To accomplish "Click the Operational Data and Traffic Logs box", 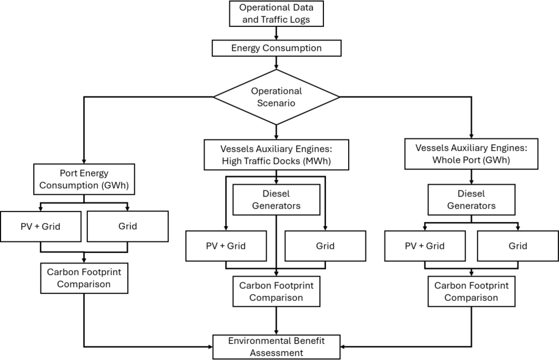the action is (x=276, y=14).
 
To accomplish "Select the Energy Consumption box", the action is (x=276, y=48).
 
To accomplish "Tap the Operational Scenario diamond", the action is (x=276, y=97).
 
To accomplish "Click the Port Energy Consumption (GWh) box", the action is (x=84, y=179).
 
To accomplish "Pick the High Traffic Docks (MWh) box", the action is (x=276, y=155).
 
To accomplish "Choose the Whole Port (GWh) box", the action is (x=471, y=154).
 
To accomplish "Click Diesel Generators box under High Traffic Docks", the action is (x=276, y=200).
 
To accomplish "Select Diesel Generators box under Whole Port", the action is (x=471, y=200).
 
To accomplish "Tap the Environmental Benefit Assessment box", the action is (x=276, y=347).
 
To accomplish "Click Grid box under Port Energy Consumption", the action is (x=128, y=226).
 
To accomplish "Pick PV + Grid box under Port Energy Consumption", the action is (x=41, y=226).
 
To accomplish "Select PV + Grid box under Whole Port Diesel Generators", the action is (x=425, y=246).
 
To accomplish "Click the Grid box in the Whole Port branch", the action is (x=518, y=246).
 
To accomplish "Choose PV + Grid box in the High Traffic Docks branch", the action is (x=226, y=246).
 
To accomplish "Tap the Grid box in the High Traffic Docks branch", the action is (x=325, y=246).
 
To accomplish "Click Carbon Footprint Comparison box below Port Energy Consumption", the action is (x=84, y=278).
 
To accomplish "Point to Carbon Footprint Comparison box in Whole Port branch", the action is (x=471, y=291).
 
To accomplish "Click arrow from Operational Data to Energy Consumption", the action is (x=276, y=33).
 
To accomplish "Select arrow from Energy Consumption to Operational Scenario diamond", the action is (x=276, y=63).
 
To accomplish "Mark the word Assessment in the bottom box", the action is (x=276, y=353).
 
